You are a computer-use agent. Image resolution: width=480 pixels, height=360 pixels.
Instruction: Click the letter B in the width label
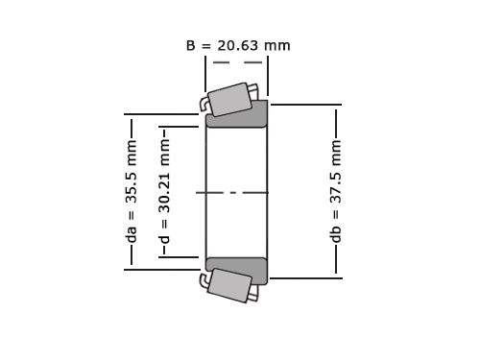click(x=191, y=45)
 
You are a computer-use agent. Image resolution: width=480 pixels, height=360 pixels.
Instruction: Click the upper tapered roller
click(x=231, y=99)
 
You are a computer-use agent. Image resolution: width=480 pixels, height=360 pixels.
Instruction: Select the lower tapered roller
click(x=229, y=285)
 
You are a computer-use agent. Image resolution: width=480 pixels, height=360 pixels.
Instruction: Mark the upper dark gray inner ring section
click(x=237, y=115)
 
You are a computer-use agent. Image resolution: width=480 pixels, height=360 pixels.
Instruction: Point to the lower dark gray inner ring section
click(x=237, y=270)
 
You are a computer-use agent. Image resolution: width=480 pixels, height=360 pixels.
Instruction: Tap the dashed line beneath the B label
click(x=236, y=62)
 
